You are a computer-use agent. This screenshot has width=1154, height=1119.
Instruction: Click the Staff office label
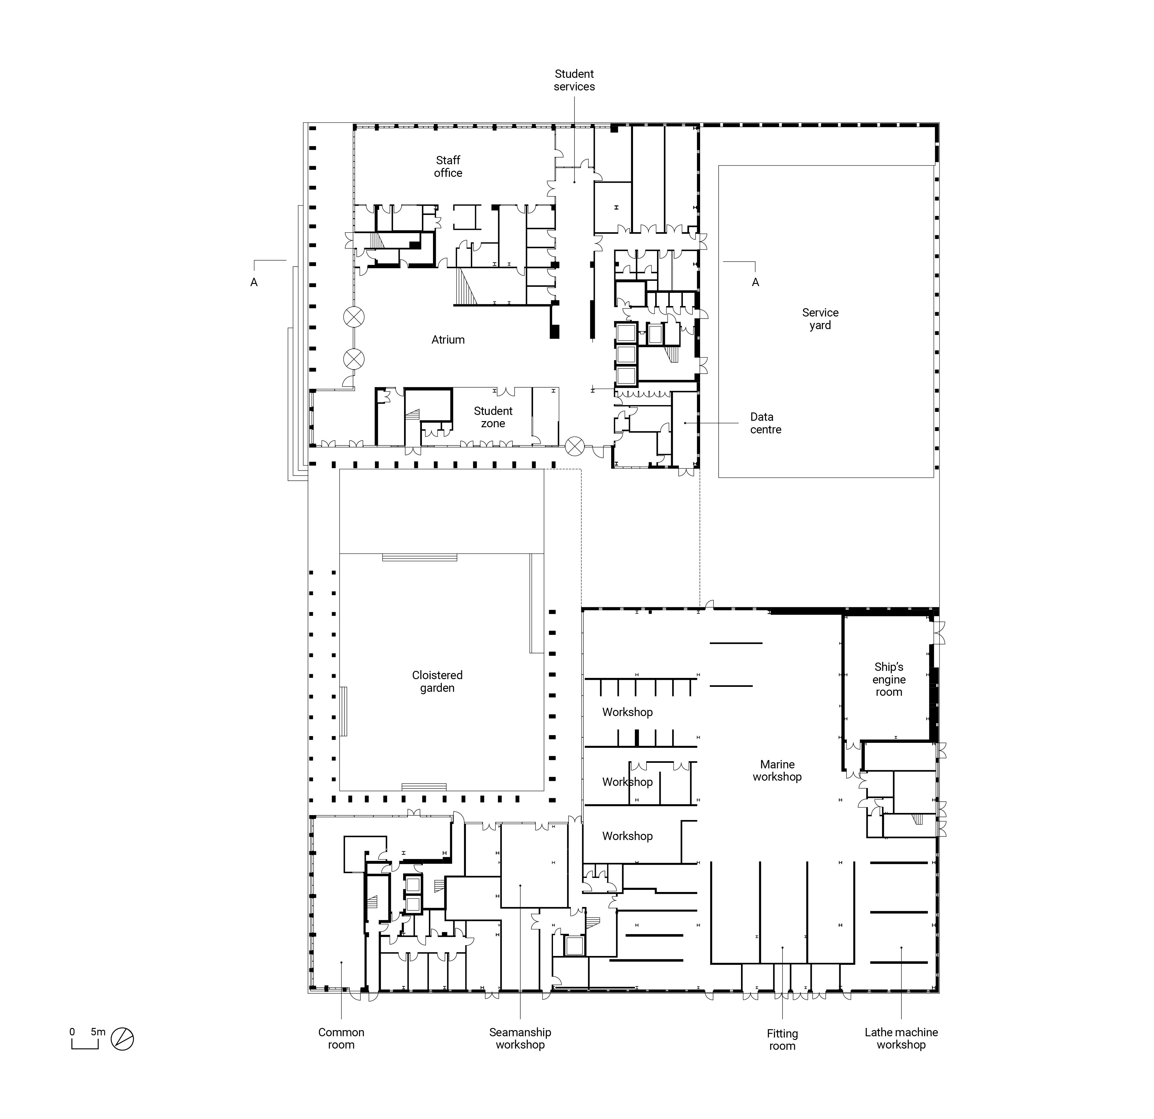click(x=448, y=167)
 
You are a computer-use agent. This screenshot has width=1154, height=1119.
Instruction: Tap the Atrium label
click(x=448, y=340)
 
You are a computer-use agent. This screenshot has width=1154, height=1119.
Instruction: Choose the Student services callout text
click(x=574, y=80)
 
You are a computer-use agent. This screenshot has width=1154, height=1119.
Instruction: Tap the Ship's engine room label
click(x=889, y=679)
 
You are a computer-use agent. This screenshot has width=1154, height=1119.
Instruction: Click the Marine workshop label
click(x=777, y=771)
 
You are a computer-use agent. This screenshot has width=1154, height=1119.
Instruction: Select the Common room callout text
click(x=342, y=1038)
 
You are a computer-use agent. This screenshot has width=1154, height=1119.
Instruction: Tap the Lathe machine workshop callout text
click(x=901, y=1038)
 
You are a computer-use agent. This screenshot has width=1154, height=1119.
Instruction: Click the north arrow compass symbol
click(x=122, y=1039)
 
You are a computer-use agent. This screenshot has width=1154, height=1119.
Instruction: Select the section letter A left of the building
click(x=254, y=283)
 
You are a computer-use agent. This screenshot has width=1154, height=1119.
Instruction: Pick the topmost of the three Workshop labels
click(x=628, y=712)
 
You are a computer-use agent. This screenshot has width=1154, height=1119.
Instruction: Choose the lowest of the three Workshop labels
click(x=628, y=836)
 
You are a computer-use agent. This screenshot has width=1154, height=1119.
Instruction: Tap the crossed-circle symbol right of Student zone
click(x=575, y=446)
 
